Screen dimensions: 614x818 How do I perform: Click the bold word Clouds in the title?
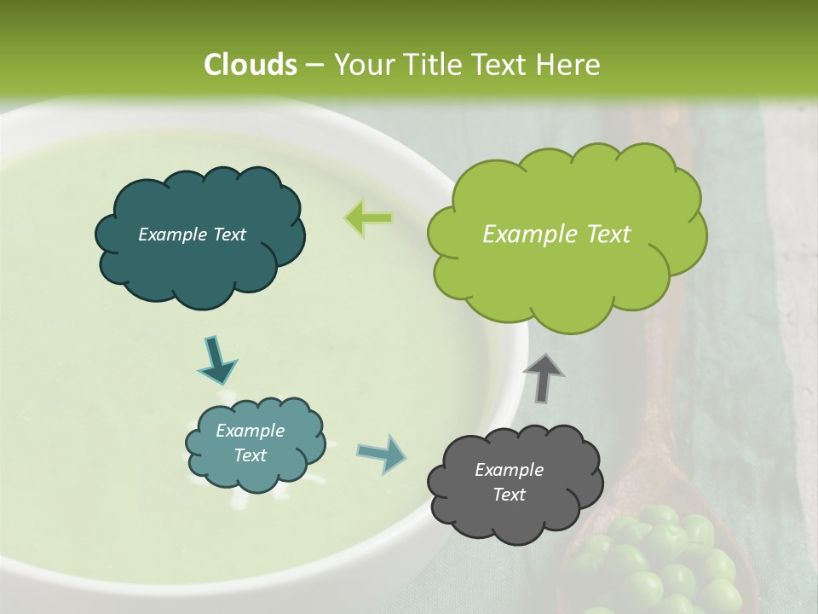pos(251,65)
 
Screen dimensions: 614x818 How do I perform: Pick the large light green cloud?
pos(567,235)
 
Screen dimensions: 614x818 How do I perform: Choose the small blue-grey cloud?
pos(255,443)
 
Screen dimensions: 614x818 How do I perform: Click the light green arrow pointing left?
pos(368,217)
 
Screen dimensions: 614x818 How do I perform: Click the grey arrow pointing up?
pos(543,378)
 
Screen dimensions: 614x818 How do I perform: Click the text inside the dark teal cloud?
pos(192,235)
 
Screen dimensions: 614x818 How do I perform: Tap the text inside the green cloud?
pos(556,235)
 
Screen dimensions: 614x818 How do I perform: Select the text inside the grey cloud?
pos(509,482)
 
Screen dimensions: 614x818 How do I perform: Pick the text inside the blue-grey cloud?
pos(250,443)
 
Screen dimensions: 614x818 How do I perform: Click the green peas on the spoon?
pos(673,563)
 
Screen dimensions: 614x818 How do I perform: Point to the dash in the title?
pos(314,65)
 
